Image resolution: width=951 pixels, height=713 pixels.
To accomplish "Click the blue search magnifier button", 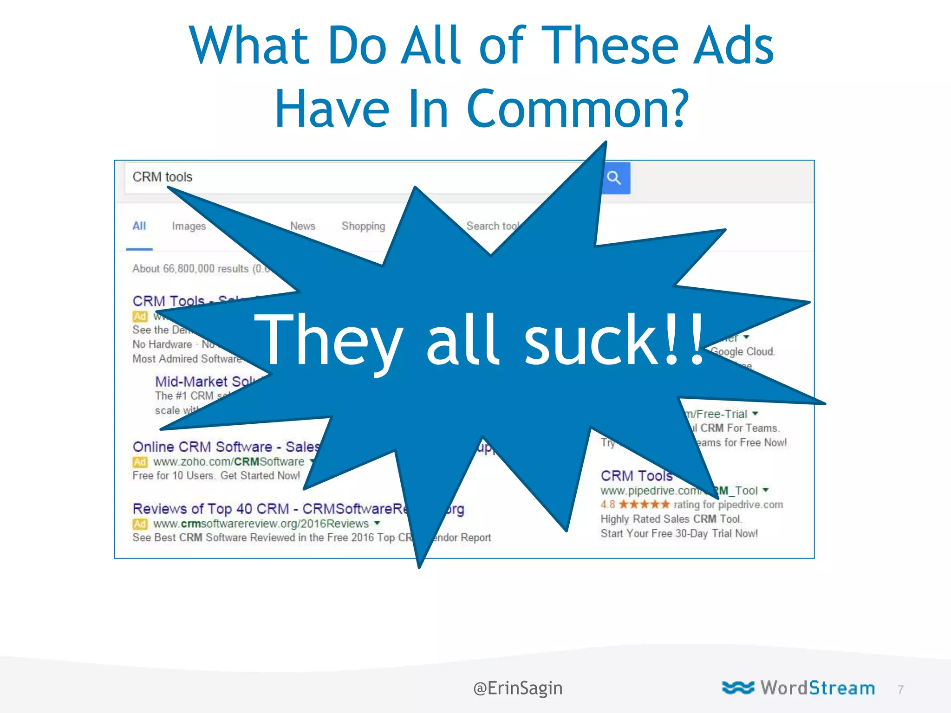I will [615, 178].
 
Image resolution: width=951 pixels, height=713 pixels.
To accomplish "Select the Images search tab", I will [189, 226].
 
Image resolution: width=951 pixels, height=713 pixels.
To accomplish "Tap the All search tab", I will [139, 226].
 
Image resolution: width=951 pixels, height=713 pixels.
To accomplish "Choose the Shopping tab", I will [363, 226].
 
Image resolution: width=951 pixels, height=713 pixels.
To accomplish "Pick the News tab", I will [302, 226].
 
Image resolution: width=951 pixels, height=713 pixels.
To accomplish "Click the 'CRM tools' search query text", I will [162, 177].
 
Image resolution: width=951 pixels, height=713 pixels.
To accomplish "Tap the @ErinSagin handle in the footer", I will [518, 688].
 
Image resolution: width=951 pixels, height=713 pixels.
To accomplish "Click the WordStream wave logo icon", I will [738, 687].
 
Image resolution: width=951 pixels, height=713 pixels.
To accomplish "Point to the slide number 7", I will [900, 689].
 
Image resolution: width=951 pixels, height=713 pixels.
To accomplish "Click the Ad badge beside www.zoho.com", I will [140, 462].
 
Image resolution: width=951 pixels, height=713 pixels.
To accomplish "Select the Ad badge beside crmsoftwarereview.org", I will [140, 524].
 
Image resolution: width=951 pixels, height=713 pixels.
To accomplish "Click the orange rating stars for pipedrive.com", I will [644, 504].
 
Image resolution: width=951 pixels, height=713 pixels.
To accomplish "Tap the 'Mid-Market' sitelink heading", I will [191, 382].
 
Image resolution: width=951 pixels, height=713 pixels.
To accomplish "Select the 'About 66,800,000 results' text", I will [190, 269].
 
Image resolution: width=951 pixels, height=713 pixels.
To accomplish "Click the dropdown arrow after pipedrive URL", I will [766, 490].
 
